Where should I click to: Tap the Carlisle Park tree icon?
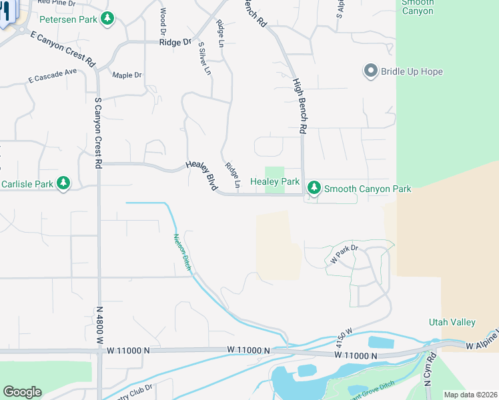pyautogui.click(x=63, y=183)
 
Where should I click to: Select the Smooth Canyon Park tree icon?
pyautogui.click(x=314, y=189)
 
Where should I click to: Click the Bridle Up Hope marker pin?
pyautogui.click(x=370, y=71)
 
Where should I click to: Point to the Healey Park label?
pyautogui.click(x=275, y=181)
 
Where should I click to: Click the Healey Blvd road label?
pyautogui.click(x=202, y=177)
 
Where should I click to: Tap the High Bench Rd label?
pyautogui.click(x=300, y=106)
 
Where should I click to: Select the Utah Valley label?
pyautogui.click(x=452, y=322)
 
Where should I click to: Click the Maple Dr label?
pyautogui.click(x=127, y=75)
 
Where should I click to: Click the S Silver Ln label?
pyautogui.click(x=205, y=58)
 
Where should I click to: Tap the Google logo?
pyautogui.click(x=22, y=392)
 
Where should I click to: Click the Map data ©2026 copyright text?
pyautogui.click(x=470, y=395)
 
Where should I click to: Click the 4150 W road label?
pyautogui.click(x=344, y=337)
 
